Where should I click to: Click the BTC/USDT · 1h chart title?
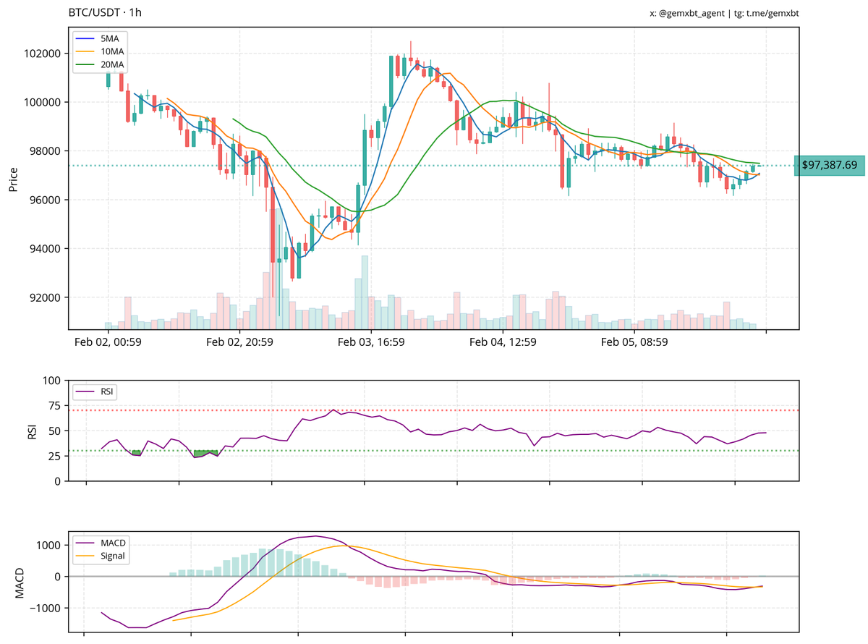(x=106, y=13)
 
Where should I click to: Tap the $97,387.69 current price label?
(x=829, y=166)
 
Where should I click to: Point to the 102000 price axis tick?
(x=41, y=54)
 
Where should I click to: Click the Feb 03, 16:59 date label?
(x=371, y=342)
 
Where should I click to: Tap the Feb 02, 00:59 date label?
(x=108, y=342)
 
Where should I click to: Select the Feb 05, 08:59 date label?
(x=634, y=342)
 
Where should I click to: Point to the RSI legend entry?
(x=106, y=391)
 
